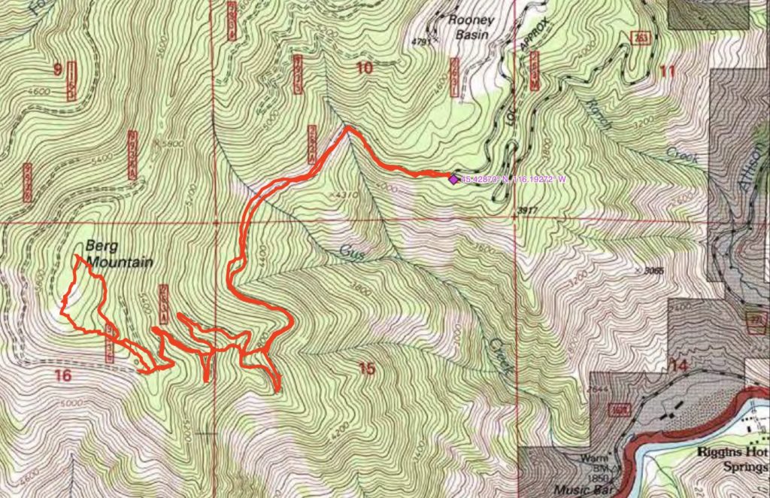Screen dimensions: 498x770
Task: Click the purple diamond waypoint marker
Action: pos(453,178)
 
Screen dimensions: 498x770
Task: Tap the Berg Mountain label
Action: pos(118,254)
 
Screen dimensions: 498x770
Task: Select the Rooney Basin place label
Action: pos(471,28)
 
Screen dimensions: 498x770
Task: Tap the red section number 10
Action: pos(364,68)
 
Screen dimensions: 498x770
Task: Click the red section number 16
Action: pos(63,375)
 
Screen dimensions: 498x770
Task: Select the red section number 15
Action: pos(366,368)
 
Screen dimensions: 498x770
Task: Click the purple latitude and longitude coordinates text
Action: pos(512,179)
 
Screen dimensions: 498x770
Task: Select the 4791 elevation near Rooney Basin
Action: pos(424,42)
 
